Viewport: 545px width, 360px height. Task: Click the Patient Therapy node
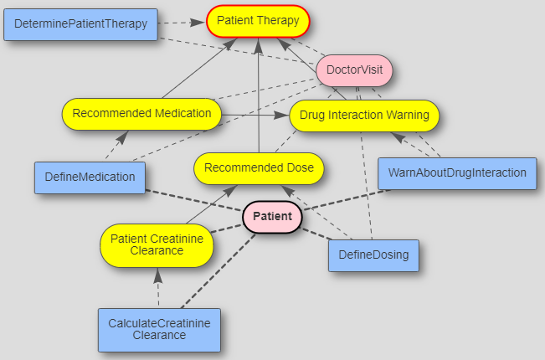tap(258, 21)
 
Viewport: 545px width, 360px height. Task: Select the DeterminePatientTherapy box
tap(81, 23)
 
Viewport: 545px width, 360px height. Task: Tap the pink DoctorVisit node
tap(354, 70)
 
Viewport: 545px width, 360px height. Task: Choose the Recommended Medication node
tap(141, 113)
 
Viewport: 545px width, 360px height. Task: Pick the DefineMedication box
tap(90, 177)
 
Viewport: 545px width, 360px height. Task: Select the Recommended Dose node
tap(259, 168)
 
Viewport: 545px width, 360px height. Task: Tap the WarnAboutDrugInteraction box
tap(456, 173)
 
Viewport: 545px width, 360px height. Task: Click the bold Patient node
tap(272, 217)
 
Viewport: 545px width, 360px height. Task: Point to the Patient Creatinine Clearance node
tap(157, 244)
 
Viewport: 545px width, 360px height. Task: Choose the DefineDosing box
tap(373, 255)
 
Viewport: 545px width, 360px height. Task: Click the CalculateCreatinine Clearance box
tap(159, 329)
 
